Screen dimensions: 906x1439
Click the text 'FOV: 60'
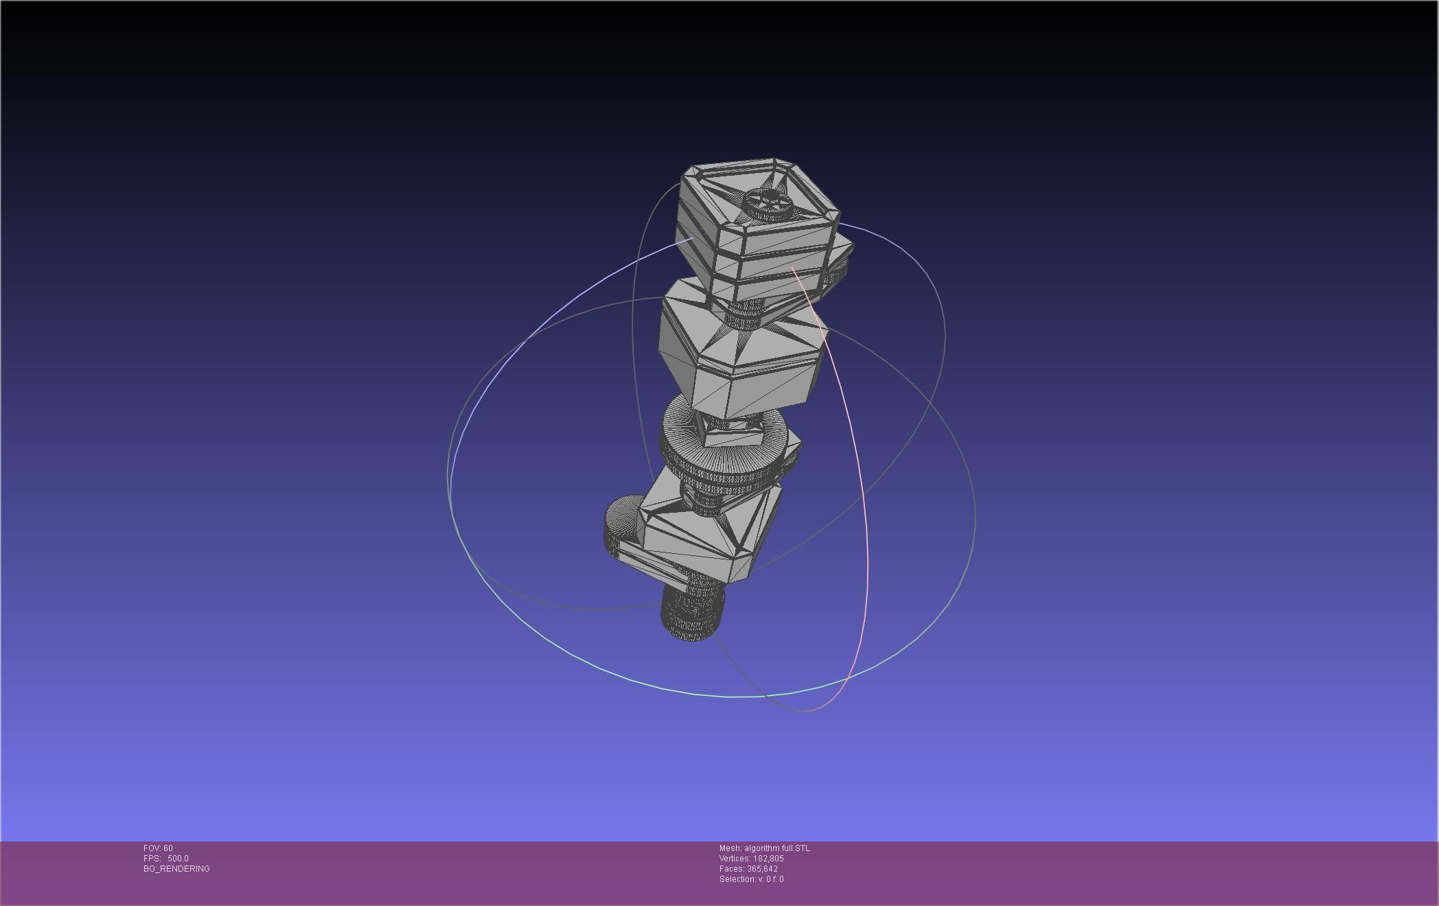click(x=158, y=848)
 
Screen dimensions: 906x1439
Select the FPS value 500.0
click(x=178, y=859)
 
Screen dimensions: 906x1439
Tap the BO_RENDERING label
click(x=176, y=869)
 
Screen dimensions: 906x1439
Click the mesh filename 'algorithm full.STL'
click(x=776, y=848)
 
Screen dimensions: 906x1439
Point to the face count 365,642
click(x=762, y=869)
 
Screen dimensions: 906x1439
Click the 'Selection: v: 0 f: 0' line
click(x=751, y=879)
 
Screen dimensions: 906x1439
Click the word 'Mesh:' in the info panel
click(x=730, y=848)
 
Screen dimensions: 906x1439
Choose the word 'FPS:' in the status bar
click(x=152, y=859)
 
